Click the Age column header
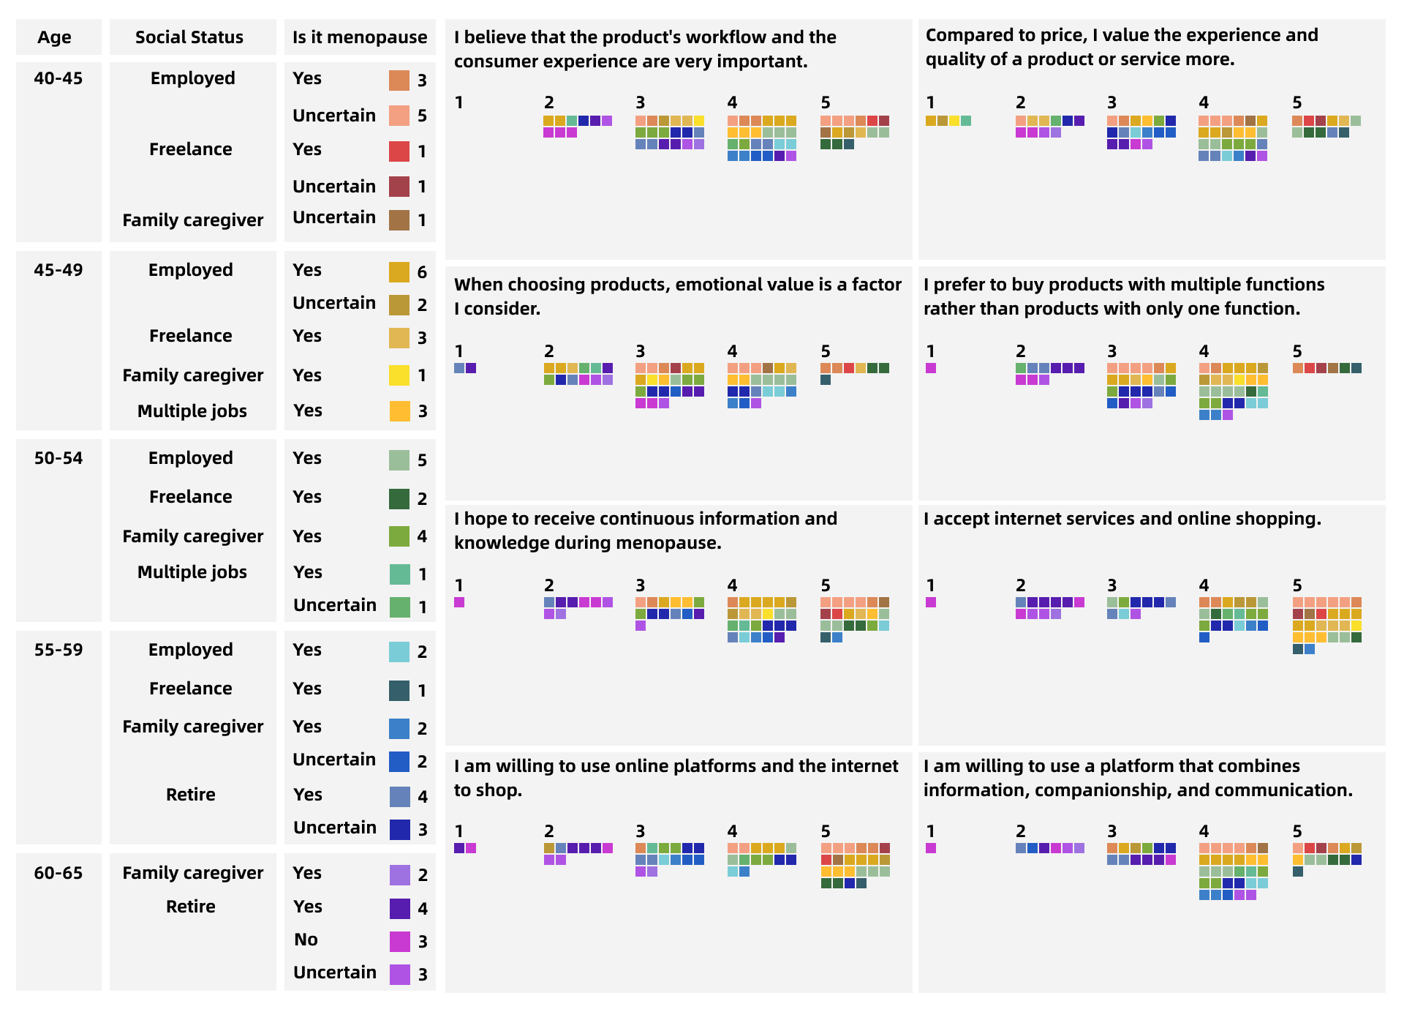point(55,37)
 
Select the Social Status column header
point(189,37)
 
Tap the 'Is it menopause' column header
point(360,37)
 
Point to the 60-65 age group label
point(58,873)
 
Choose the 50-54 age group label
point(58,458)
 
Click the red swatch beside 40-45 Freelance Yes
point(399,151)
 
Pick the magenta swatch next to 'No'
point(400,942)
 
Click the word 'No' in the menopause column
point(306,940)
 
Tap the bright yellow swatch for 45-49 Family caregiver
point(399,375)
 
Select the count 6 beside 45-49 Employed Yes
point(422,272)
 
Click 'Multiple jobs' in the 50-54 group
point(192,572)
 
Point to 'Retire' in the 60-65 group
point(191,907)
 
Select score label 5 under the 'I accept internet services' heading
point(1297,585)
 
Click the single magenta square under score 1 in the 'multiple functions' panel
point(931,368)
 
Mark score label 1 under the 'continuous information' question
point(458,585)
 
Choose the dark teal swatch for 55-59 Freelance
point(399,691)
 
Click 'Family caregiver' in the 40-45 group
point(193,220)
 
